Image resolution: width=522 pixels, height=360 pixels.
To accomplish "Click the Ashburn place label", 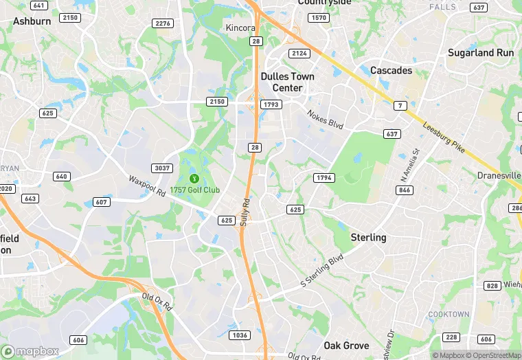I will tap(32, 21).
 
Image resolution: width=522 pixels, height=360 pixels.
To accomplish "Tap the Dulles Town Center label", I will tap(287, 82).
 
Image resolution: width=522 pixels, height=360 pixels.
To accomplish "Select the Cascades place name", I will tap(391, 71).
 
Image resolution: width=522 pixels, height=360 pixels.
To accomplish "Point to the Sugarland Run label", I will tap(480, 52).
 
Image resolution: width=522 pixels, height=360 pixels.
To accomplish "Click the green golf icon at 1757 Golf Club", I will tap(193, 179).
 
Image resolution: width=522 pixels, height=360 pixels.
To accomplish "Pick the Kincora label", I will tap(240, 28).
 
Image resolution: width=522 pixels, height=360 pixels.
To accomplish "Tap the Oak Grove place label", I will tap(346, 346).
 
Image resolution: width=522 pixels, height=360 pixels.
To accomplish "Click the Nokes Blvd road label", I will tap(324, 120).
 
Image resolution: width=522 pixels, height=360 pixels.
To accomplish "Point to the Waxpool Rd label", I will tap(147, 186).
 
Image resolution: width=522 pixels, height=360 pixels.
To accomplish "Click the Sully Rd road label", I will tap(245, 212).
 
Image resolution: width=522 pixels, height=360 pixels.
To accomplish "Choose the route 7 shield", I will tap(399, 106).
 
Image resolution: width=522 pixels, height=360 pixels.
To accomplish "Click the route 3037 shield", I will tap(161, 168).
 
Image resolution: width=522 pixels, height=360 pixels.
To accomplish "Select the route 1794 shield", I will tap(324, 178).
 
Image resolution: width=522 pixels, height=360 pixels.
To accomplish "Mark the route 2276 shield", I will tap(163, 23).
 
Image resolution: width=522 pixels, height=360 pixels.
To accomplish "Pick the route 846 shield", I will tap(405, 190).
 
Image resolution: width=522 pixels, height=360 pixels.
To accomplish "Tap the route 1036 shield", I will tap(239, 335).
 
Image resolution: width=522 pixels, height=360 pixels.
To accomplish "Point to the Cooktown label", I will tap(449, 314).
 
